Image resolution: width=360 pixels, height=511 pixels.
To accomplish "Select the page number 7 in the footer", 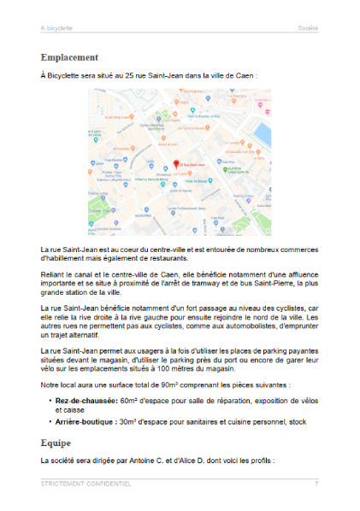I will [316, 484].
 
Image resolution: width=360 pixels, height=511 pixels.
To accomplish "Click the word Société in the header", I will [308, 28].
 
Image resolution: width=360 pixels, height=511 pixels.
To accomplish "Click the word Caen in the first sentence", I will [244, 75].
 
